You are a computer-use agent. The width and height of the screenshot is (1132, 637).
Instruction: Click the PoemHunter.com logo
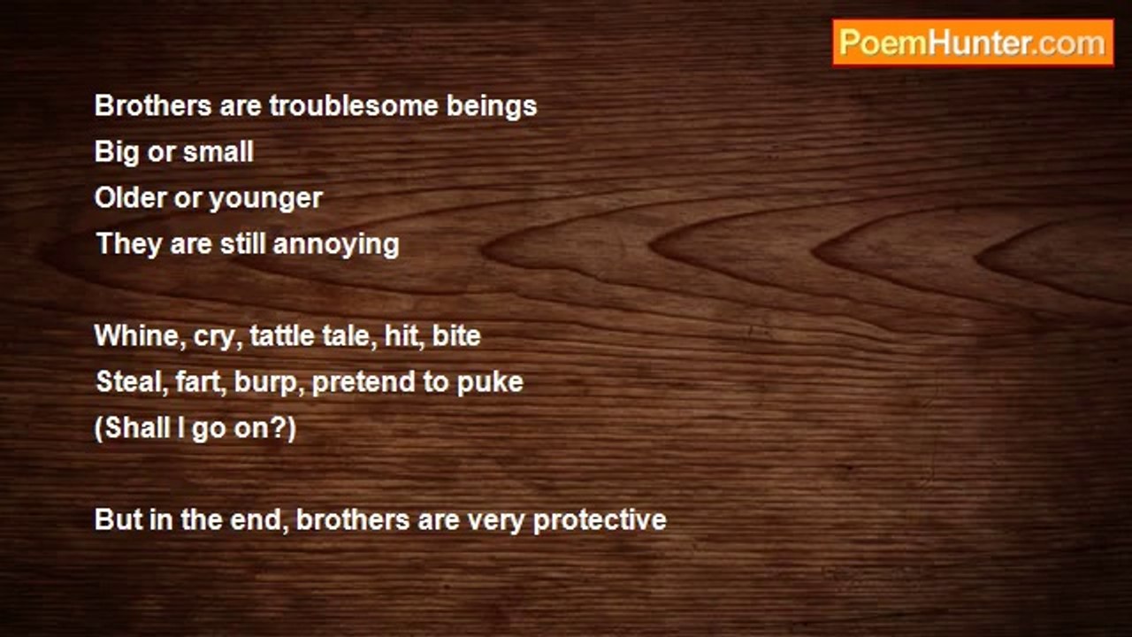973,43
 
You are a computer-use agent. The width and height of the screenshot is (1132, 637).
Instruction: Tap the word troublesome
353,105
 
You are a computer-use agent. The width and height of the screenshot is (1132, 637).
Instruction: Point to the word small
218,151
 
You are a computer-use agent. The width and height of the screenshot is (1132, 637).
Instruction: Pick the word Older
130,197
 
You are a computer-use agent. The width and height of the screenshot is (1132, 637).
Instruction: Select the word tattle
282,335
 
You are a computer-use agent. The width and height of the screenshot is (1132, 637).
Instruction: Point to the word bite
456,335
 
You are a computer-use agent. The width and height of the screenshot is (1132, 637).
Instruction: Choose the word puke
490,383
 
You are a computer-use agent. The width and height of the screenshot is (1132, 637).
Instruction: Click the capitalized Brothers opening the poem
153,105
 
